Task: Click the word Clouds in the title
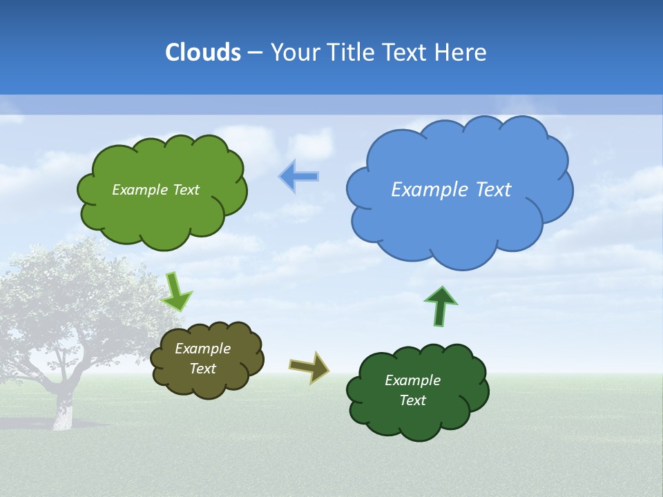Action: tap(203, 52)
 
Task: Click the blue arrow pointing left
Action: tap(298, 177)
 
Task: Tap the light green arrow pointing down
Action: tap(176, 292)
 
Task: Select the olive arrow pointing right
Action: tap(309, 367)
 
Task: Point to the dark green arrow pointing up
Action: tap(441, 306)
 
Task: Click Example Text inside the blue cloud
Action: tap(451, 190)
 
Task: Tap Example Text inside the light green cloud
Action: tap(155, 190)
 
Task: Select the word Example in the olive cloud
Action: tap(202, 349)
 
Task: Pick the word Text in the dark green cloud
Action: tap(412, 400)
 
